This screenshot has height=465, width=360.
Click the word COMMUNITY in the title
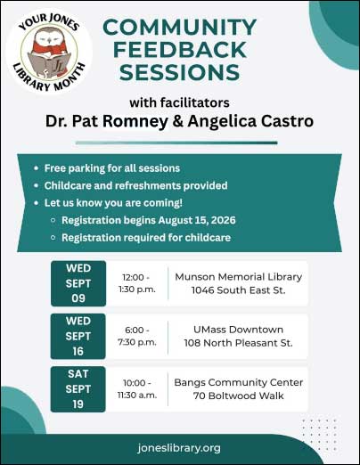click(179, 27)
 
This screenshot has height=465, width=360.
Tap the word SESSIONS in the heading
click(179, 72)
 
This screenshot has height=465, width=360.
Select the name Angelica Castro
click(250, 121)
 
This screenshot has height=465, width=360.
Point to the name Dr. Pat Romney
click(107, 121)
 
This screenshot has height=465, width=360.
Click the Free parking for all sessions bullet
click(112, 168)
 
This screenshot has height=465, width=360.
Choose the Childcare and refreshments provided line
click(135, 185)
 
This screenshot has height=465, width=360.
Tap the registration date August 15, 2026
click(197, 220)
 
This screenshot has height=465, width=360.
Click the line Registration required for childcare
click(146, 238)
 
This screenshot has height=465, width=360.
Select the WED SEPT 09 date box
click(78, 283)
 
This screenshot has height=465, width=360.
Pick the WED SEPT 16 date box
click(78, 336)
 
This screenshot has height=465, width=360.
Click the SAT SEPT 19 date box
click(78, 389)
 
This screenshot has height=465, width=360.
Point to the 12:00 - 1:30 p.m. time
click(137, 283)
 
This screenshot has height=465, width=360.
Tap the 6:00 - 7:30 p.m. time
click(137, 336)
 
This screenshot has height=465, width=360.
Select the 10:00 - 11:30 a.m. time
click(137, 389)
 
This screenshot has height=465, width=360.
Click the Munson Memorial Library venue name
click(239, 277)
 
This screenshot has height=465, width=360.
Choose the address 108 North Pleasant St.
click(238, 343)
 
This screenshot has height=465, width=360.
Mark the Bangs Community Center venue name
click(239, 382)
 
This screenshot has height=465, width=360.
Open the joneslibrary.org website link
click(179, 448)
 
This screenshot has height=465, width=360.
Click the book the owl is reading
click(49, 65)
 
